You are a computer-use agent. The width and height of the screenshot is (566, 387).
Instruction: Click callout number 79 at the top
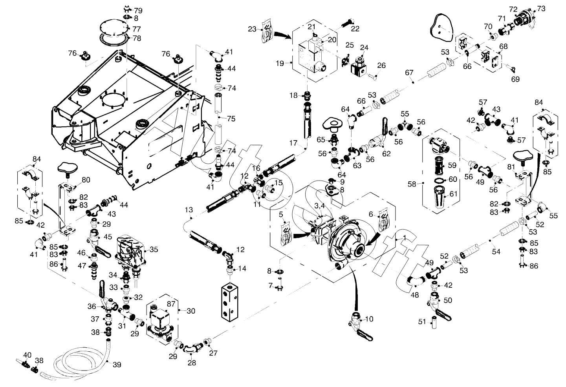139,10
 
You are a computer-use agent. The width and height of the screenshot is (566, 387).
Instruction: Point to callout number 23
252,28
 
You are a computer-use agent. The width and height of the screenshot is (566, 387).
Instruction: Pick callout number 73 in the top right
541,8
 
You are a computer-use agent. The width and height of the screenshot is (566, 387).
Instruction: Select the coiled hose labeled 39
79,361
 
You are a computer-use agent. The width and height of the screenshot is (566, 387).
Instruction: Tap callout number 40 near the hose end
27,355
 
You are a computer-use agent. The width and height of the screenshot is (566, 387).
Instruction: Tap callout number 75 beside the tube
231,119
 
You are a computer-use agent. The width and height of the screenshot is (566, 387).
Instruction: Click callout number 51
422,322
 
